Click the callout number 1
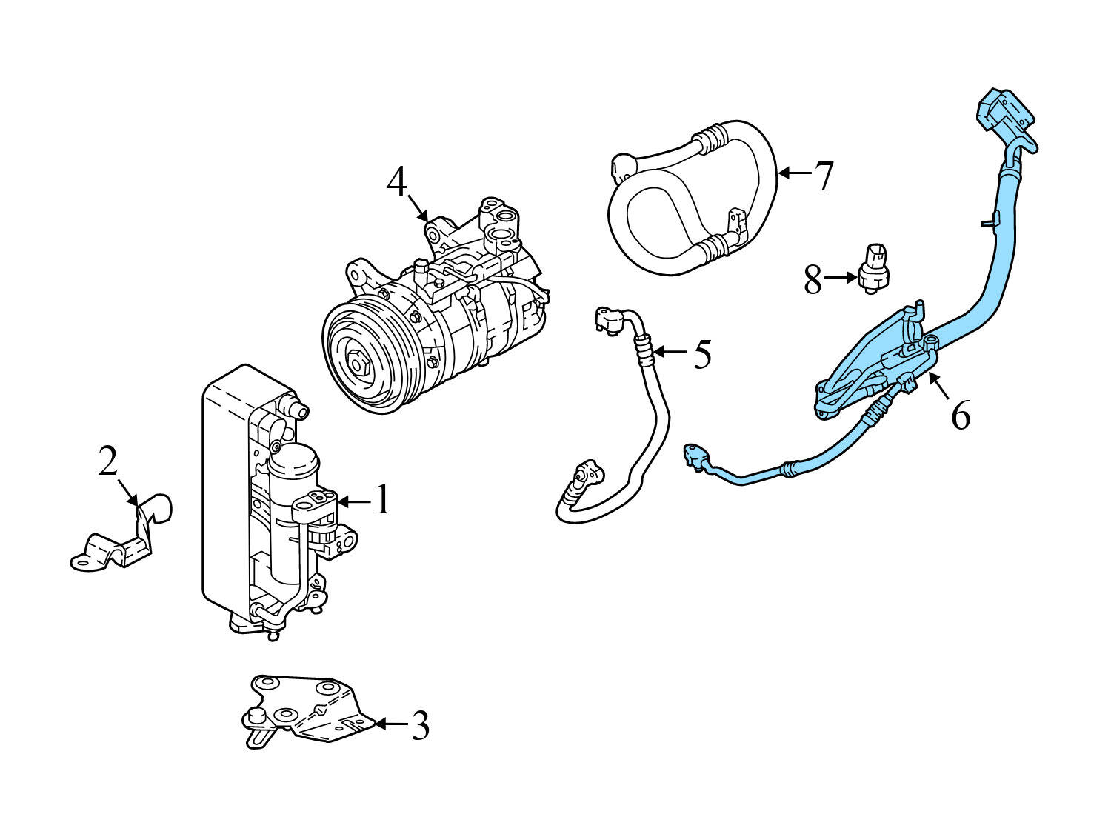[x=381, y=500]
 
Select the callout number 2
[x=108, y=463]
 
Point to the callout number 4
[x=397, y=182]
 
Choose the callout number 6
[x=960, y=416]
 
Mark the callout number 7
[x=824, y=176]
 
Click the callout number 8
[x=813, y=280]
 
